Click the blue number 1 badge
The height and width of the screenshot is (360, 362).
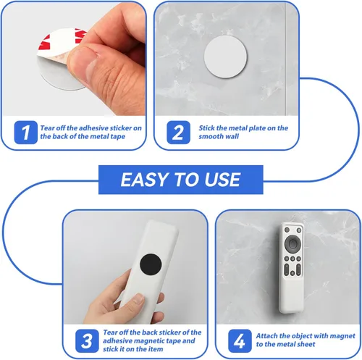coord(25,132)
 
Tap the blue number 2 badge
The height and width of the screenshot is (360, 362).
coord(178,132)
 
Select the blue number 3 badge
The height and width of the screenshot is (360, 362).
coord(87,340)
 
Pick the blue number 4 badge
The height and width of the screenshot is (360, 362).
coord(240,340)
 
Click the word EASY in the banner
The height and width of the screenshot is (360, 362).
coord(144,180)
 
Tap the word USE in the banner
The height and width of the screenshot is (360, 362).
coord(222,180)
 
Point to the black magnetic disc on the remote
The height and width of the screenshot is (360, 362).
coord(151,264)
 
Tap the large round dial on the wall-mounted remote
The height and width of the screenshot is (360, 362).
coord(292,243)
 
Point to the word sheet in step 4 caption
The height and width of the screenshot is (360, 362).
coord(306,344)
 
